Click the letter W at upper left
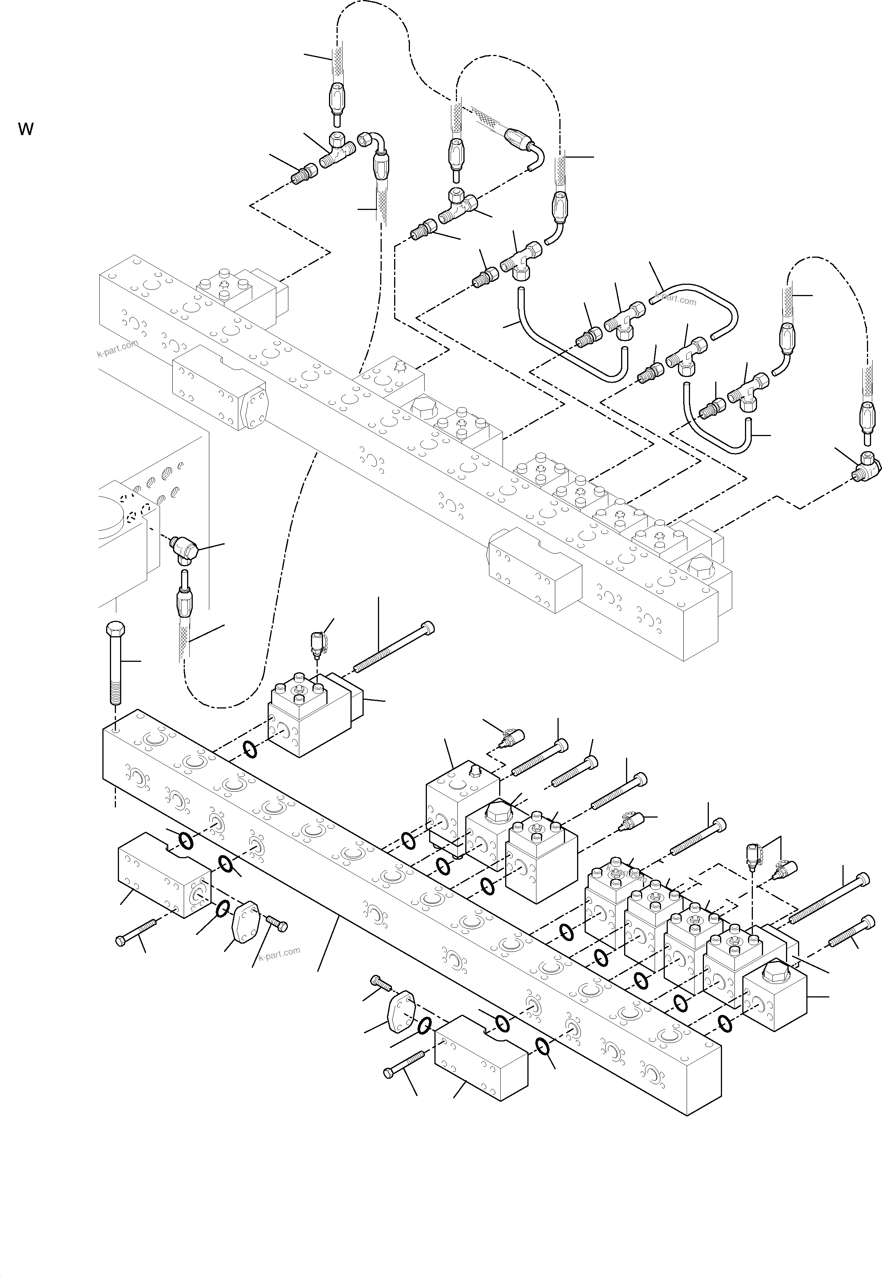(26, 129)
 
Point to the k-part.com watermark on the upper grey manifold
(117, 349)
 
